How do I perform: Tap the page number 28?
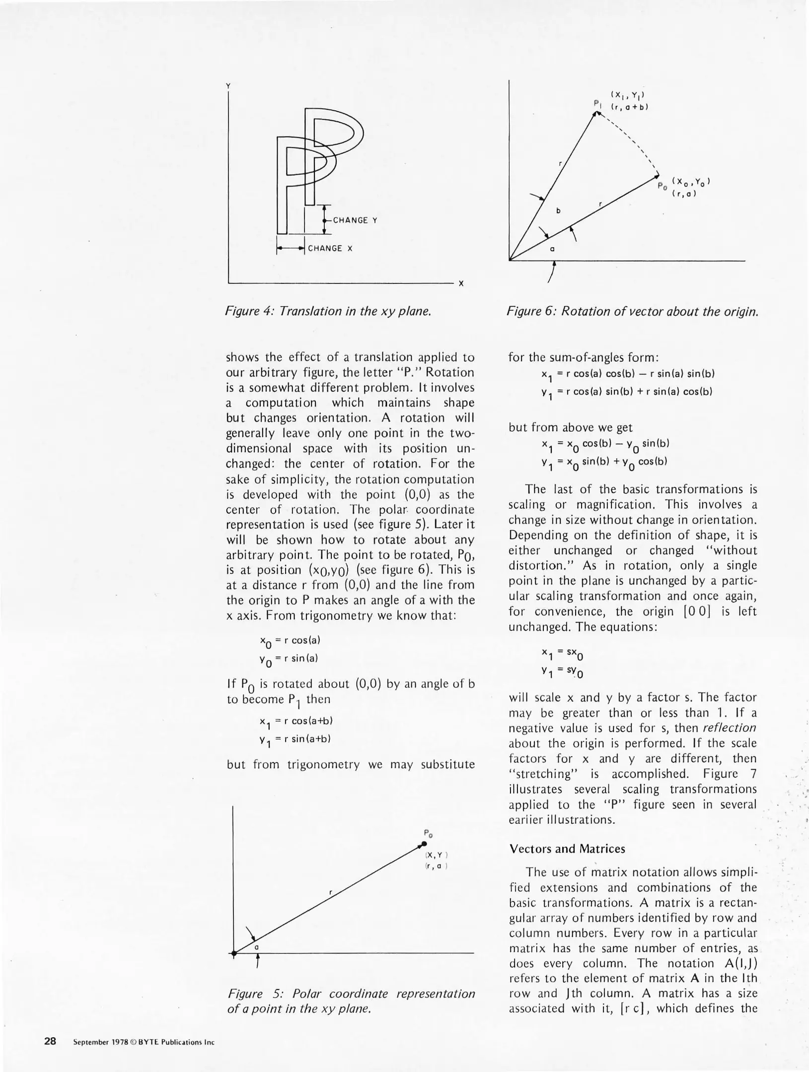(x=50, y=1041)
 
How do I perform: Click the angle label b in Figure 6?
(x=558, y=211)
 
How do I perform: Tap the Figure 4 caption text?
(x=328, y=311)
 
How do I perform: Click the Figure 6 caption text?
(x=632, y=311)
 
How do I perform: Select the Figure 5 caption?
(x=351, y=1001)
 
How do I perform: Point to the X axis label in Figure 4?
(x=461, y=283)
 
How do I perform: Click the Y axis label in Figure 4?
(x=228, y=86)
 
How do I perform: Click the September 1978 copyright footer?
(x=144, y=1042)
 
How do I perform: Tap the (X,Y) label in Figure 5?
(x=437, y=855)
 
